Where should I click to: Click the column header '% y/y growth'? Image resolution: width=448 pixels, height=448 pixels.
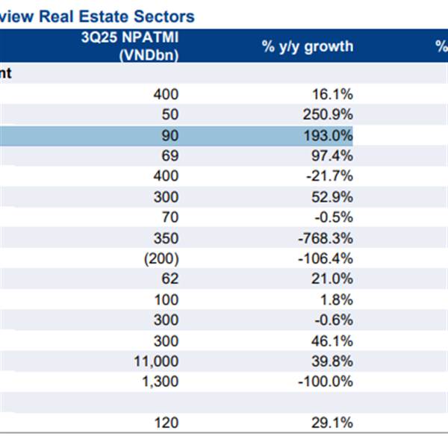[307, 46]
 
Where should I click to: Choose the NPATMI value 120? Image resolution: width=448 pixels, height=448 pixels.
[166, 423]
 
